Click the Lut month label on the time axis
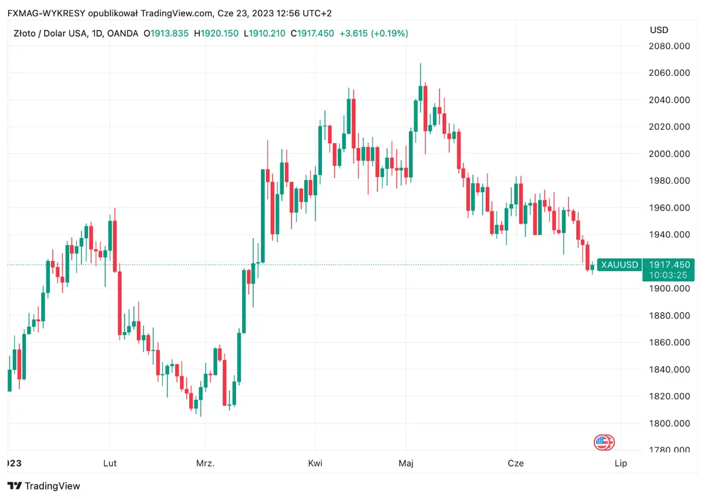point(110,463)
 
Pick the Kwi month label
point(315,463)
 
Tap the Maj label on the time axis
point(406,463)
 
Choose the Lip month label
point(621,463)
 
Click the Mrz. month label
point(205,463)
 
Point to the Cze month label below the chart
point(516,463)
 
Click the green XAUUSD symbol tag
point(619,265)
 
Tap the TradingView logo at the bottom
point(44,486)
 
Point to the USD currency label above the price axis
point(659,30)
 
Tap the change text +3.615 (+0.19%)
point(374,34)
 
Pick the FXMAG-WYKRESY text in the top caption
point(42,13)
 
